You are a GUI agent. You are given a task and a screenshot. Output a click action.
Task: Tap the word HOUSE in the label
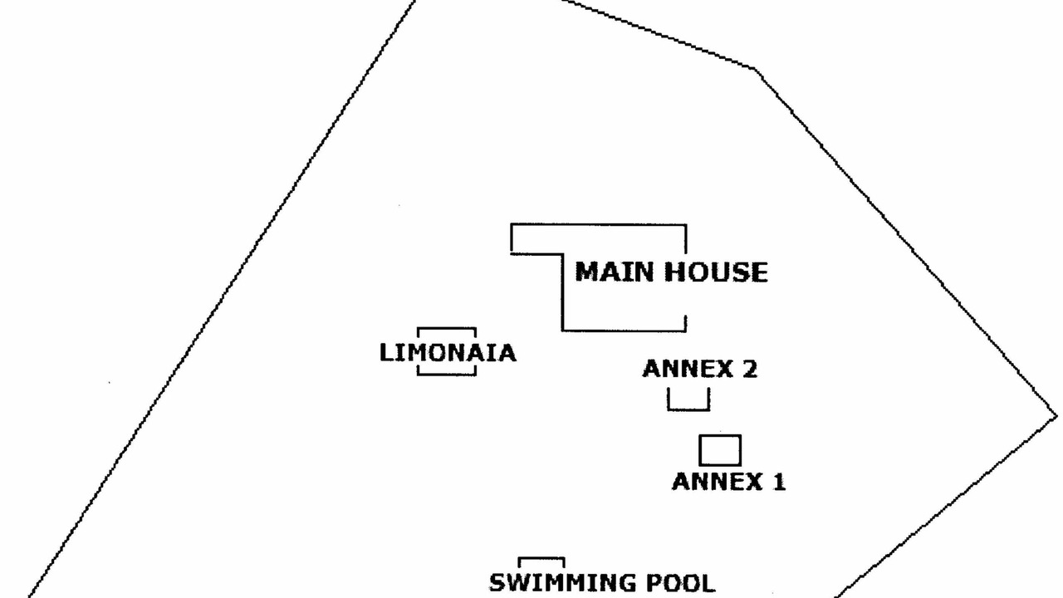[x=716, y=272]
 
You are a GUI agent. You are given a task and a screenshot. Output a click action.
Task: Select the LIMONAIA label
[x=448, y=353]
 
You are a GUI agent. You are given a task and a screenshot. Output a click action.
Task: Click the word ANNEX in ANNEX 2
[x=686, y=369]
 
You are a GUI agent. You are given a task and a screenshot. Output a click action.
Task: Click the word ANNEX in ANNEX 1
[x=717, y=481]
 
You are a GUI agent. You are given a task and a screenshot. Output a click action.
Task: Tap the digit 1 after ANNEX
[x=779, y=481]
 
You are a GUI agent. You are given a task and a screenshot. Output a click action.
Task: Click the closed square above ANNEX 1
[x=720, y=435]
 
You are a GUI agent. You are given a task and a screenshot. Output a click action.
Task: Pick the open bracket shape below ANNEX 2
[x=688, y=409]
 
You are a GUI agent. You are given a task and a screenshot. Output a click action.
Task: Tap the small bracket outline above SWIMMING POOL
[x=541, y=558]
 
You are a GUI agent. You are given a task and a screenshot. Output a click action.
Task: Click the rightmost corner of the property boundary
[x=1057, y=417]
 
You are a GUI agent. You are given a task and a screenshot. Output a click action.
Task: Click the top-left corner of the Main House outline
[x=512, y=224]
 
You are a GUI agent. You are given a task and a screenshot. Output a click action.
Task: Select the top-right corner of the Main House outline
[x=686, y=224]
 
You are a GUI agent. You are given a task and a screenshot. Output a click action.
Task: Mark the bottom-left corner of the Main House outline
[x=563, y=331]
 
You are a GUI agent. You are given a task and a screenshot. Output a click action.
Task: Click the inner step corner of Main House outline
[x=563, y=254]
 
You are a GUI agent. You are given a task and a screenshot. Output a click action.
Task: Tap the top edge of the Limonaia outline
[x=447, y=328]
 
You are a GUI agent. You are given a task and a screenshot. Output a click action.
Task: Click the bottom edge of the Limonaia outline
[x=447, y=375]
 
